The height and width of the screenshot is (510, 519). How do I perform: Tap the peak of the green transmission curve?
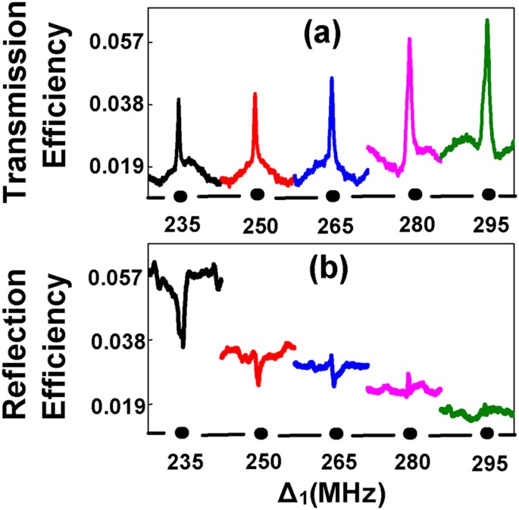coord(487,20)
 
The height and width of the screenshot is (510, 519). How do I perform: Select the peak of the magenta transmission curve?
coord(409,39)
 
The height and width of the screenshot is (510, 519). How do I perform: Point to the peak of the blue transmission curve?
coord(332,78)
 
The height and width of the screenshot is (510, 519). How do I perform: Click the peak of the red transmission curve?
coord(255,94)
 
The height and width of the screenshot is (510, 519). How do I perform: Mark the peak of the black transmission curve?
coord(179,99)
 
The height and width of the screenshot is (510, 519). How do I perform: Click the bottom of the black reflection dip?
coord(183,346)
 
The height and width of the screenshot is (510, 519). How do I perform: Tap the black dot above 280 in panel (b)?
coord(410,433)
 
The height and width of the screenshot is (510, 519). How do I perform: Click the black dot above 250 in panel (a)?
coord(258,194)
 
